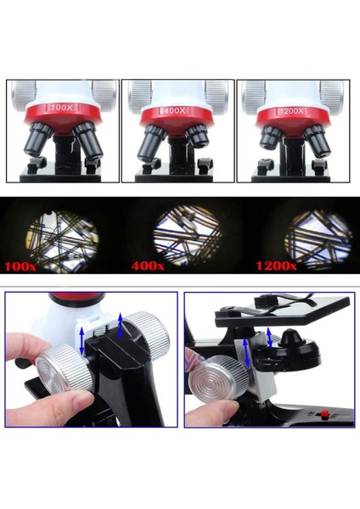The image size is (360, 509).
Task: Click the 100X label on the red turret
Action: coord(62,109)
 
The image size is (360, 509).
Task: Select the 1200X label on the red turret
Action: coord(291,111)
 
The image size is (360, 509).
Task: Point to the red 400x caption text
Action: coord(148,266)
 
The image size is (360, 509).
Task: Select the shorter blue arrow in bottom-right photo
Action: coord(270,337)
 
